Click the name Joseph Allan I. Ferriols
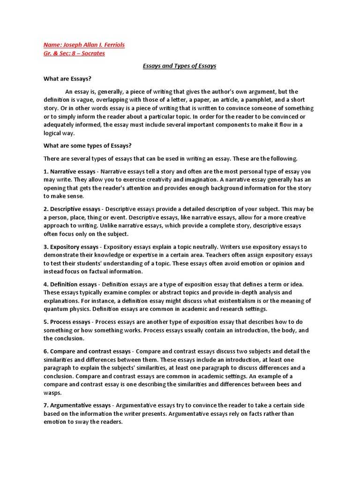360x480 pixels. [x=93, y=45]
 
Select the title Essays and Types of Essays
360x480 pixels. [x=180, y=66]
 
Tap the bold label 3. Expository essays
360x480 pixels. [x=71, y=247]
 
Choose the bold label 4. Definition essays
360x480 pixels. [x=70, y=285]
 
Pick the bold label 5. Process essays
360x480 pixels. [x=67, y=322]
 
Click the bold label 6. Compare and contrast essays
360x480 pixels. [x=87, y=351]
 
